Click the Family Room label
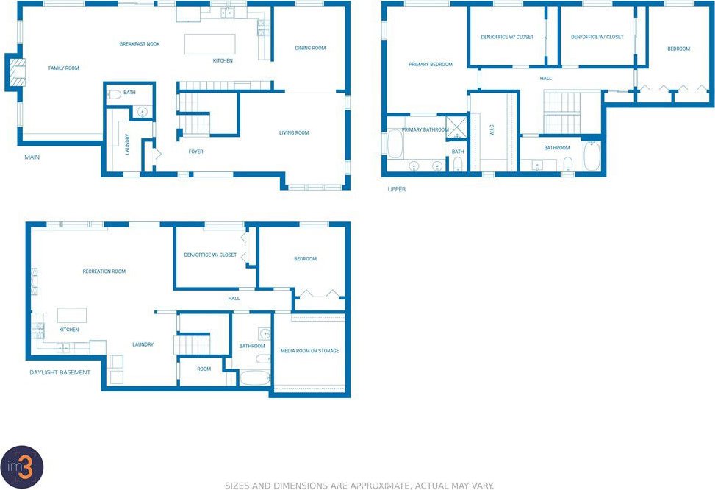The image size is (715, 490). [63, 68]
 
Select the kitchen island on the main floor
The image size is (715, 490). [209, 44]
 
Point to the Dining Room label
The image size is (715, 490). [310, 48]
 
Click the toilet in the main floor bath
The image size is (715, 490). [114, 94]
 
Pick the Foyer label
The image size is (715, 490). [195, 152]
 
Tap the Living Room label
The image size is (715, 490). [294, 133]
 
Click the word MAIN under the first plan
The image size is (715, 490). [32, 157]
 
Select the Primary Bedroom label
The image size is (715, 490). [431, 65]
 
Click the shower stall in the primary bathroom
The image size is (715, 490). [457, 127]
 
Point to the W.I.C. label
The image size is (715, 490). [492, 129]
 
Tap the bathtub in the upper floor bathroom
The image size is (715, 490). [592, 156]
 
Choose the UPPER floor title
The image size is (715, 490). [397, 189]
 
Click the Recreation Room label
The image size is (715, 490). [104, 271]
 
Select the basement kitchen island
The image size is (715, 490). [71, 316]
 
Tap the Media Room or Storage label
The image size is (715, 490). [309, 351]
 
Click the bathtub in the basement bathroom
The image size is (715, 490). [255, 378]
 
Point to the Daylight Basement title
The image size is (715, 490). [60, 372]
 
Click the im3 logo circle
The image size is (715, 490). [21, 467]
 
